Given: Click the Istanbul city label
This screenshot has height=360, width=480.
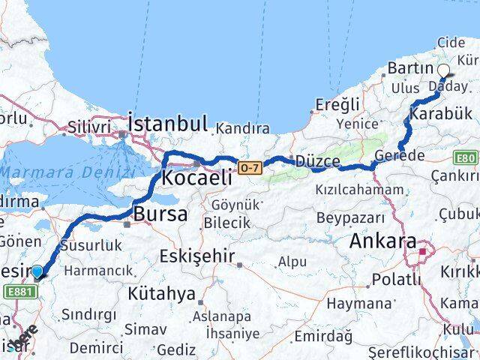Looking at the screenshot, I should tap(167, 122).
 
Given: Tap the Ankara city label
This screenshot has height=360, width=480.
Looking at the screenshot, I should tap(382, 242).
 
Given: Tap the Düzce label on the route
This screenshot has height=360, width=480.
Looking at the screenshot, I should tap(317, 162).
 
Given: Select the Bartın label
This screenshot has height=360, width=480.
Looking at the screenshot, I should tap(407, 69).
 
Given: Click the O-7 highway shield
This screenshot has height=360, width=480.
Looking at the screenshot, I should tap(250, 166).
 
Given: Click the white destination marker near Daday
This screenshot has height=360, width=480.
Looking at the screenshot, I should tap(443, 71).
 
